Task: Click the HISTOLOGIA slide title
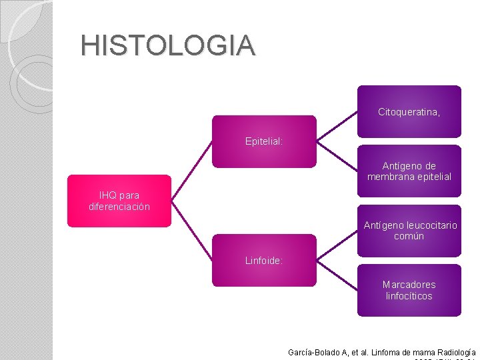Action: pyautogui.click(x=167, y=45)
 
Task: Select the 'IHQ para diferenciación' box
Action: pyautogui.click(x=119, y=201)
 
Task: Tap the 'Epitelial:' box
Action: pyautogui.click(x=264, y=141)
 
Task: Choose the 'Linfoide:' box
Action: pyautogui.click(x=264, y=260)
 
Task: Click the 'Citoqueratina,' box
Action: pyautogui.click(x=409, y=111)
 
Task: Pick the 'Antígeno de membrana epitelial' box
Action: pyautogui.click(x=409, y=171)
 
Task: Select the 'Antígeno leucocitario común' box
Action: pyautogui.click(x=409, y=231)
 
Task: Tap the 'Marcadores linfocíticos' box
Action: pyautogui.click(x=409, y=290)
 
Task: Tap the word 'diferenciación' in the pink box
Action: pyautogui.click(x=119, y=207)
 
